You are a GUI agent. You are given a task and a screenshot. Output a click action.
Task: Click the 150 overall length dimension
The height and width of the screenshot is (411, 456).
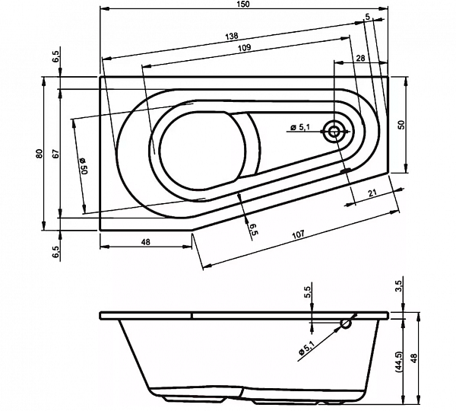[244, 4]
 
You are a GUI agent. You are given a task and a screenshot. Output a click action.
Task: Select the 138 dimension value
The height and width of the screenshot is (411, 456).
[232, 36]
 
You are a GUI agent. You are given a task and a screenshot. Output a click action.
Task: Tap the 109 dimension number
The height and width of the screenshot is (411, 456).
[244, 47]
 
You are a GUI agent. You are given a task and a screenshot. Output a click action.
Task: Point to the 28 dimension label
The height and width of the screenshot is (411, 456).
[360, 58]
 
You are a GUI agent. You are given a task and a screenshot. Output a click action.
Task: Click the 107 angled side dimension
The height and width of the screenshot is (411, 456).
[299, 234]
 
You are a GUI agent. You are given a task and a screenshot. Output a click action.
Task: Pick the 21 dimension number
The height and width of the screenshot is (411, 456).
[372, 193]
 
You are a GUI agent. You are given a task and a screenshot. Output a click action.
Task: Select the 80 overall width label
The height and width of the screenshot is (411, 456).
[40, 153]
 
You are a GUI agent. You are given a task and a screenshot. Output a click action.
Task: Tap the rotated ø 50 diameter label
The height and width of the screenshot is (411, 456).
[84, 166]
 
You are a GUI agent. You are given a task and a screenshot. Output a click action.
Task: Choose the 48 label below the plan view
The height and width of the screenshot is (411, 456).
[145, 242]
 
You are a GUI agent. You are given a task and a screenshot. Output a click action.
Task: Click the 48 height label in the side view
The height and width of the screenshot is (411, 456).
[414, 358]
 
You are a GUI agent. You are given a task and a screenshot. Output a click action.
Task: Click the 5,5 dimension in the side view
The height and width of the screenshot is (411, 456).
[308, 292]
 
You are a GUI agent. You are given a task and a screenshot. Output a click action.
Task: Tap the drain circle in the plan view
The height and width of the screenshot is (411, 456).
[334, 132]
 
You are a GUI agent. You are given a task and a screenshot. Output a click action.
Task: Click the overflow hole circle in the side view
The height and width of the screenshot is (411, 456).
[346, 323]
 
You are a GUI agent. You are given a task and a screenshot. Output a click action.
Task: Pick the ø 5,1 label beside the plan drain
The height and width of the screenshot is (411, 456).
[300, 127]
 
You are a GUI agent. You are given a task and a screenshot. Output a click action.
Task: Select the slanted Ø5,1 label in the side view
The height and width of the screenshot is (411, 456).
[307, 348]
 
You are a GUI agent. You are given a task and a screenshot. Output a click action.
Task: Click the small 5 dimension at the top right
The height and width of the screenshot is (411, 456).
[368, 18]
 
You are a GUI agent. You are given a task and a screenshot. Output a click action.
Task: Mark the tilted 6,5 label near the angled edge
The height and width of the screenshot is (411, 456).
[254, 228]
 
